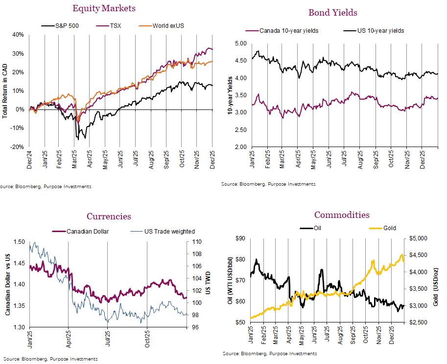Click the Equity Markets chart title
click(104, 8)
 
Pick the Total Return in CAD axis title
click(5, 91)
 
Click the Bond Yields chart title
click(332, 13)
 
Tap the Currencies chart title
click(109, 216)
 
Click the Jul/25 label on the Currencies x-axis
click(107, 333)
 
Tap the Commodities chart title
click(342, 215)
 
